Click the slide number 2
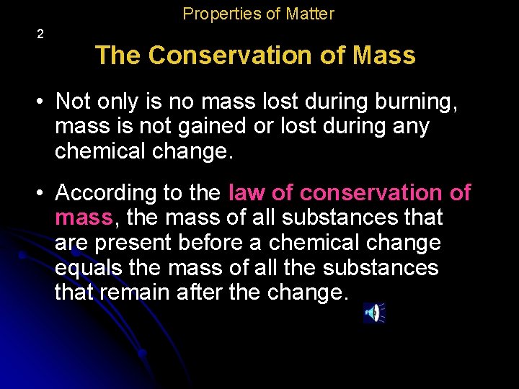click(x=40, y=34)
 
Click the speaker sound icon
click(x=373, y=313)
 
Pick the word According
click(x=107, y=193)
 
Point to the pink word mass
click(x=84, y=217)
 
